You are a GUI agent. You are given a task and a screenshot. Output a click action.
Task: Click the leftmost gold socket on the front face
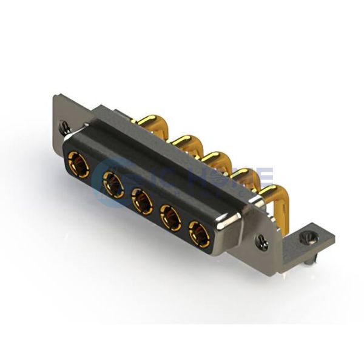coord(79,164)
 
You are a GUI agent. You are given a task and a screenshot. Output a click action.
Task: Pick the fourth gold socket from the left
coord(170,217)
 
